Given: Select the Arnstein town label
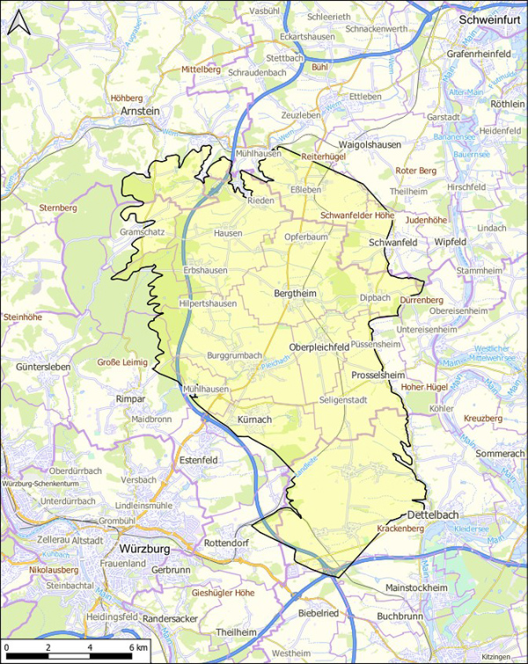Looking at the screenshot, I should tap(141, 113).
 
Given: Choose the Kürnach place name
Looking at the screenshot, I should tap(256, 421).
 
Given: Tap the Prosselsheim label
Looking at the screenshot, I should tap(377, 375).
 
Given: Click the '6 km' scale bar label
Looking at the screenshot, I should tap(136, 647).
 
